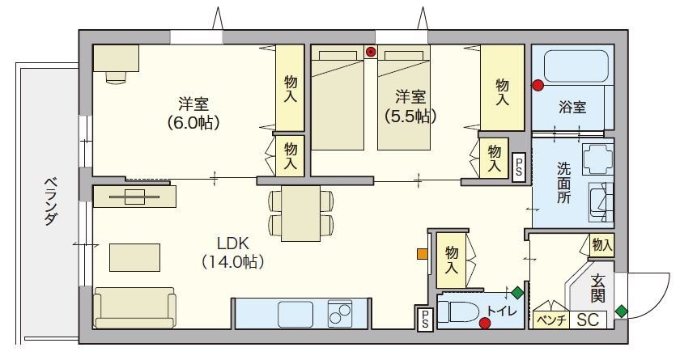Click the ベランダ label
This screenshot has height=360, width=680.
pyautogui.click(x=49, y=202)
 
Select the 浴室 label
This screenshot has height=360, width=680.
pyautogui.click(x=572, y=108)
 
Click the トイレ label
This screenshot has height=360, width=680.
pyautogui.click(x=500, y=311)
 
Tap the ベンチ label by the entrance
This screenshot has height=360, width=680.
pyautogui.click(x=550, y=320)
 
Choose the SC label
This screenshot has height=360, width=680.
pyautogui.click(x=588, y=320)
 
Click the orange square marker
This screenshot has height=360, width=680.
pyautogui.click(x=422, y=253)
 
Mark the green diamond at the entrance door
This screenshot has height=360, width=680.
pyautogui.click(x=621, y=310)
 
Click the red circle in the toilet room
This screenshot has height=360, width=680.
pyautogui.click(x=485, y=324)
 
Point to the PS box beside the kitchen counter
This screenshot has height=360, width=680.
pyautogui.click(x=424, y=318)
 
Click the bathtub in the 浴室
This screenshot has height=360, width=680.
pyautogui.click(x=574, y=67)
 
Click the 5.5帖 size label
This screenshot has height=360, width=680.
pyautogui.click(x=410, y=116)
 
